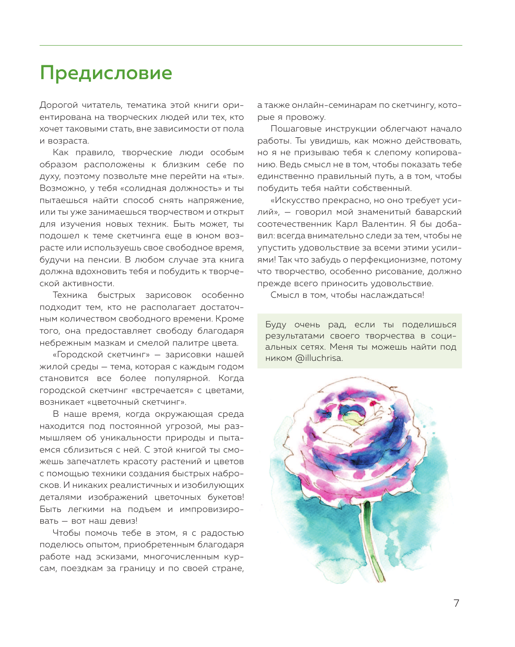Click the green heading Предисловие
106,73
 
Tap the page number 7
456,603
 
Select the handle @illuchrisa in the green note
318,358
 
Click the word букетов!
226,497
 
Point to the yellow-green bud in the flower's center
355,419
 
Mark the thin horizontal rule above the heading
250,46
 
